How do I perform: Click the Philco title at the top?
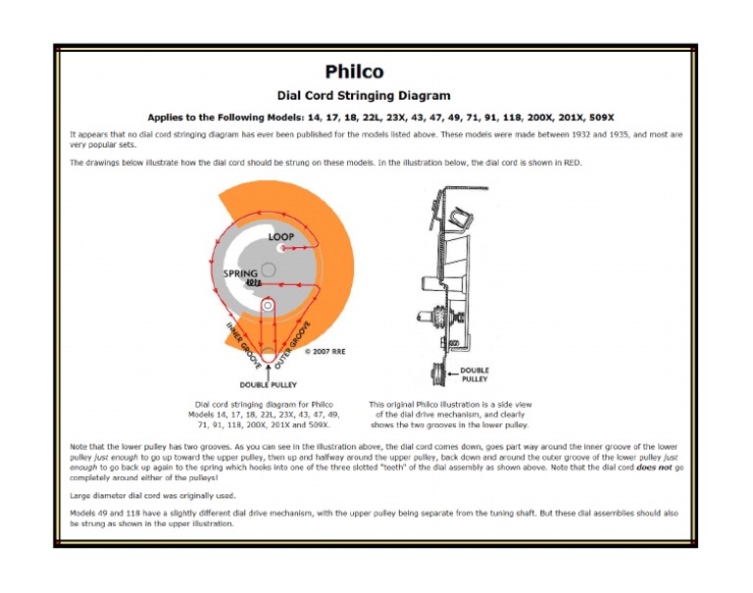click(x=354, y=72)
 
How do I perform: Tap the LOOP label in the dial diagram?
click(x=281, y=237)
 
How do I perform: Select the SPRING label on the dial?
click(x=240, y=273)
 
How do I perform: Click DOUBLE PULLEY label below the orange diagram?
click(x=269, y=384)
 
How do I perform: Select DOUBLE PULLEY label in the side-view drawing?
click(x=475, y=373)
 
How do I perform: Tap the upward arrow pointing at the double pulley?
click(x=269, y=370)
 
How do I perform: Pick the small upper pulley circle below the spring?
click(x=268, y=305)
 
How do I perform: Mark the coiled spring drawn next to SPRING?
click(x=253, y=284)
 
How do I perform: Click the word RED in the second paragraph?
click(x=572, y=163)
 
